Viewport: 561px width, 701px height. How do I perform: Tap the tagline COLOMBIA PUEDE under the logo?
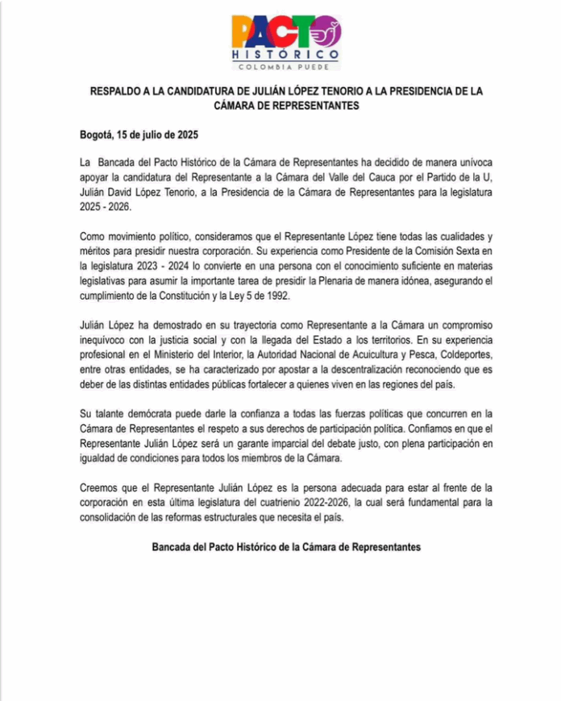point(285,67)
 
